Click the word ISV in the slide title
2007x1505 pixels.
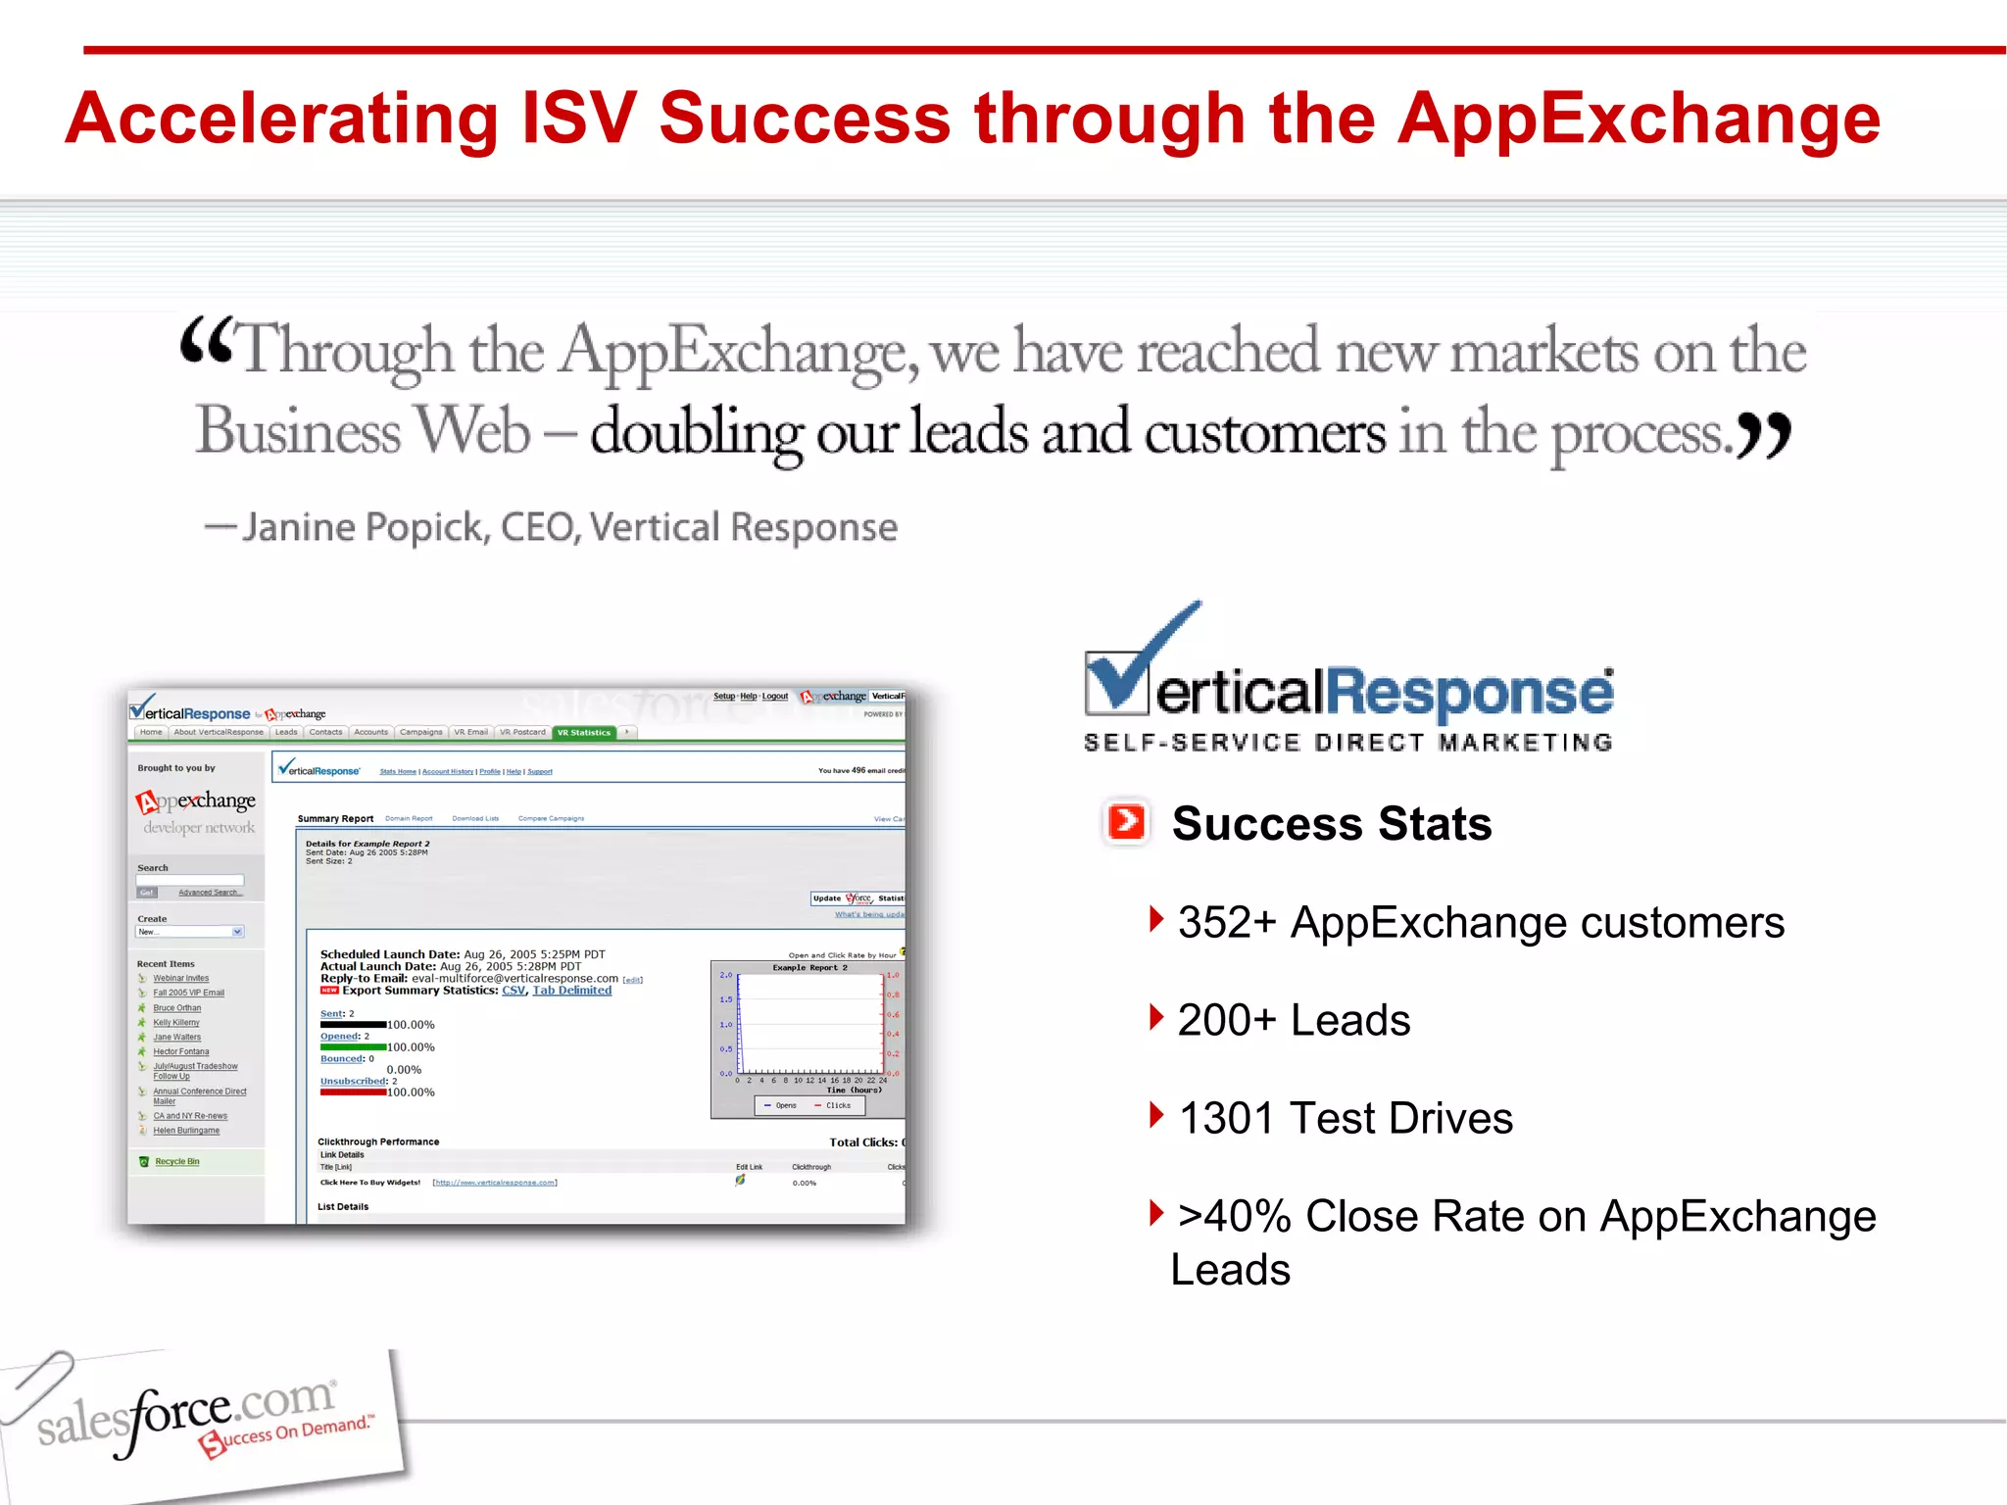[578, 119]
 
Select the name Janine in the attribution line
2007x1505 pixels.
[298, 527]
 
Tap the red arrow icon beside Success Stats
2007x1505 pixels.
[1126, 821]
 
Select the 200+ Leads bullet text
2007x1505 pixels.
[1294, 1020]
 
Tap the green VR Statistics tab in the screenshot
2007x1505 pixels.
[584, 732]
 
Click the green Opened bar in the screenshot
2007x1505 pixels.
[353, 1047]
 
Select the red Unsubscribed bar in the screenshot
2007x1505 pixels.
[353, 1092]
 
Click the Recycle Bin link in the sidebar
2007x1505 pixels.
[176, 1161]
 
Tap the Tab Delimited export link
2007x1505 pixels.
[571, 991]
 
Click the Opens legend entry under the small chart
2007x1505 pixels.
[780, 1105]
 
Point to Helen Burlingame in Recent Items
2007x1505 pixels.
[186, 1130]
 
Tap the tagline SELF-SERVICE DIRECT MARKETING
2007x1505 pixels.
[1348, 742]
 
